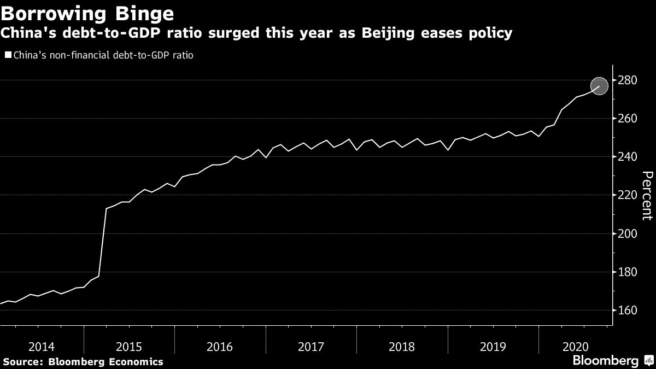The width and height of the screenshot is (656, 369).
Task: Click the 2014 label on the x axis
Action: tap(42, 347)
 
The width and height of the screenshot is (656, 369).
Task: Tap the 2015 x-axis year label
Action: tap(130, 347)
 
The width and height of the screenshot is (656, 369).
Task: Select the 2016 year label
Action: tap(220, 347)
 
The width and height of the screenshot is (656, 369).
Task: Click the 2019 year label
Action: tap(493, 347)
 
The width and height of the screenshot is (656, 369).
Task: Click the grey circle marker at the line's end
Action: tap(599, 86)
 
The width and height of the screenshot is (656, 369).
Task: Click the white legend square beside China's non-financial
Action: tap(8, 55)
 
